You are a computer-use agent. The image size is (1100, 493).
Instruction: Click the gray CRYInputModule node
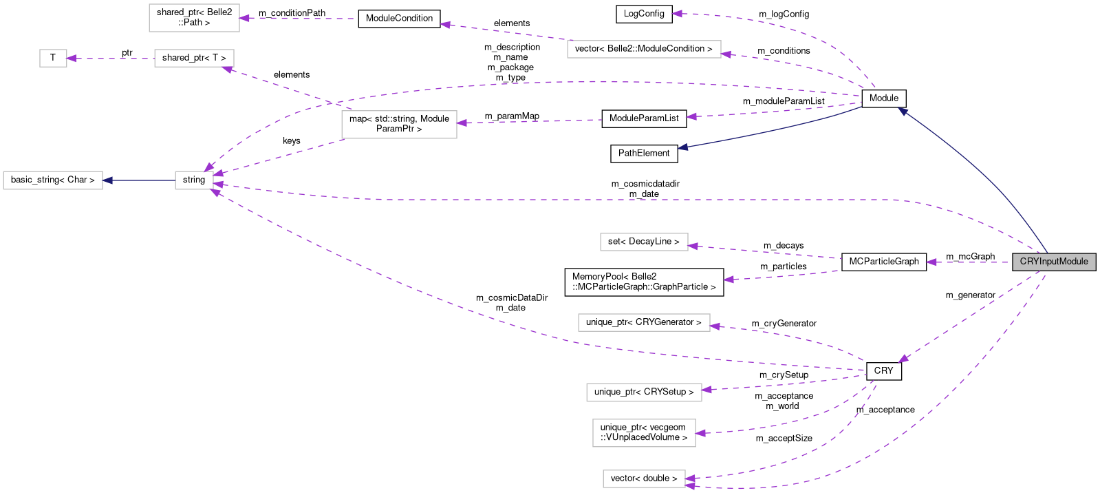tap(1053, 262)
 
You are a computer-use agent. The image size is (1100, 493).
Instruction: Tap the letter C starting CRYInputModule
tap(1023, 262)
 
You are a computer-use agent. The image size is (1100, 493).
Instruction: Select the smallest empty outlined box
tap(53, 59)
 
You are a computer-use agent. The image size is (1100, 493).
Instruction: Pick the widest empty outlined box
tap(644, 49)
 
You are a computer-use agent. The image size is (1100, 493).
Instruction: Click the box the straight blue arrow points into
tap(53, 180)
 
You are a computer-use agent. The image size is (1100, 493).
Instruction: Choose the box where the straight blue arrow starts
tap(194, 180)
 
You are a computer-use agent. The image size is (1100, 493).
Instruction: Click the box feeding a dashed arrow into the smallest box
tap(194, 59)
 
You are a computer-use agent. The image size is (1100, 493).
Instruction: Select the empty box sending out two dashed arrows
tap(399, 125)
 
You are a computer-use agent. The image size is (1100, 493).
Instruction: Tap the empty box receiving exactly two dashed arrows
tap(644, 479)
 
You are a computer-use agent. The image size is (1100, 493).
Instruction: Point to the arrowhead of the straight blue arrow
tap(107, 180)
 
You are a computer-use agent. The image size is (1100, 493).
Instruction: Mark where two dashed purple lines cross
tap(336, 104)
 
